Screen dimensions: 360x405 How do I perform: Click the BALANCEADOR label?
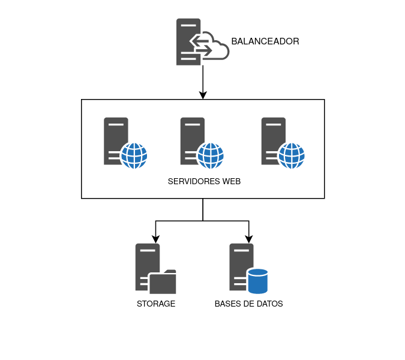[265, 41]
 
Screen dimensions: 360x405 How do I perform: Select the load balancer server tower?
[187, 42]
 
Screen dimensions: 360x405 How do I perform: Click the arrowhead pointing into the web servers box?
[203, 95]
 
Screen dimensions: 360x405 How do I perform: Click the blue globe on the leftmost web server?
[134, 156]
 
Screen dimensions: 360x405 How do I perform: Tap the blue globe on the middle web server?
[211, 156]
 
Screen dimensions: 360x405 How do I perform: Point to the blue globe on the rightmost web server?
[292, 156]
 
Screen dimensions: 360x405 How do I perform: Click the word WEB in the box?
[232, 181]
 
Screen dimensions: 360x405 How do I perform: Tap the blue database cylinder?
[257, 281]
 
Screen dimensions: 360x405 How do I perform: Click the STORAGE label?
[156, 304]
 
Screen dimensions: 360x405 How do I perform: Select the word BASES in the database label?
[227, 304]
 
